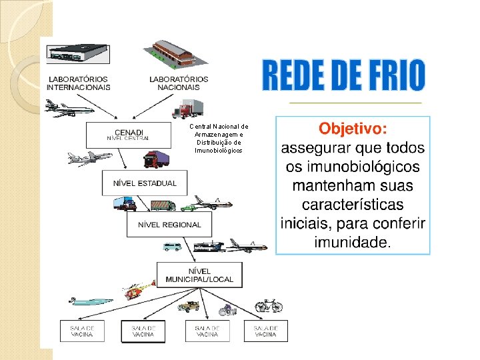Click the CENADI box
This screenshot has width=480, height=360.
tap(129, 135)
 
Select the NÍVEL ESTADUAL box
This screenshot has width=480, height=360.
tap(145, 183)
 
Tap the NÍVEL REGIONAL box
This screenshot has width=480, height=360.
tap(169, 225)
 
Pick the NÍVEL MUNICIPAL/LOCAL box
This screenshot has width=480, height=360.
tap(200, 275)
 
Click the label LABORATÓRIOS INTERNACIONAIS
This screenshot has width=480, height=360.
tap(79, 83)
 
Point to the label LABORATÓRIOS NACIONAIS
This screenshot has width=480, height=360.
tap(179, 83)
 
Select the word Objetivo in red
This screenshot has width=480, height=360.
tap(353, 127)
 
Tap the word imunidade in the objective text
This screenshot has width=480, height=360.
tap(353, 242)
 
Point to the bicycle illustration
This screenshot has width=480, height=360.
tap(268, 306)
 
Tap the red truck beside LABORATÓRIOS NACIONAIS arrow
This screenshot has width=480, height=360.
tap(189, 108)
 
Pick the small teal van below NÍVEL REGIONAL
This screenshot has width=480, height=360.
tap(172, 246)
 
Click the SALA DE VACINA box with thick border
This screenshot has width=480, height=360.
tap(143, 331)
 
